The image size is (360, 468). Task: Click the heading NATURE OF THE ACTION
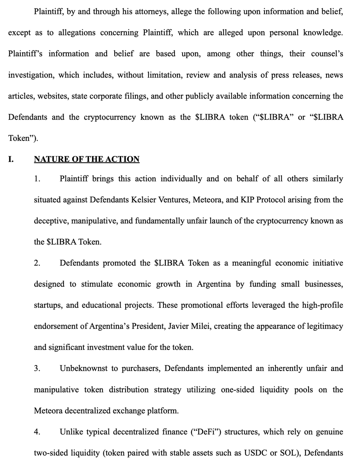[x=87, y=160]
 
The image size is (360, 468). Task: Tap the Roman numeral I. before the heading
[x=11, y=160]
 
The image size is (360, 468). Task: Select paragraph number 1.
[x=37, y=179]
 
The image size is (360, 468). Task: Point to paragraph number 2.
[x=37, y=263]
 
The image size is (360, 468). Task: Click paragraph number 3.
[x=37, y=369]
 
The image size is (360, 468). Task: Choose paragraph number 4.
[x=37, y=432]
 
